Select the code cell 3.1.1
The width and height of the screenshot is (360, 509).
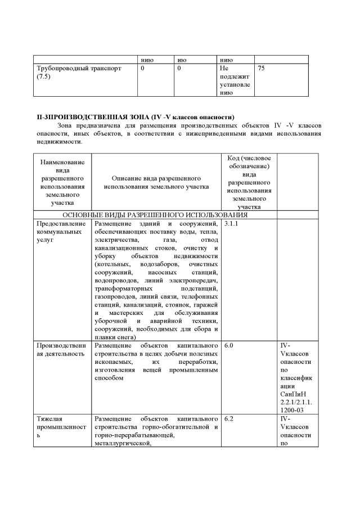231,224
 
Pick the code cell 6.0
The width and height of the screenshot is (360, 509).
229,345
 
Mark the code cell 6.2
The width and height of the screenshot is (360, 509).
229,420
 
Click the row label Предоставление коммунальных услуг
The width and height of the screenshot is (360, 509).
62,232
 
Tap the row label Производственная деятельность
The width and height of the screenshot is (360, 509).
62,349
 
